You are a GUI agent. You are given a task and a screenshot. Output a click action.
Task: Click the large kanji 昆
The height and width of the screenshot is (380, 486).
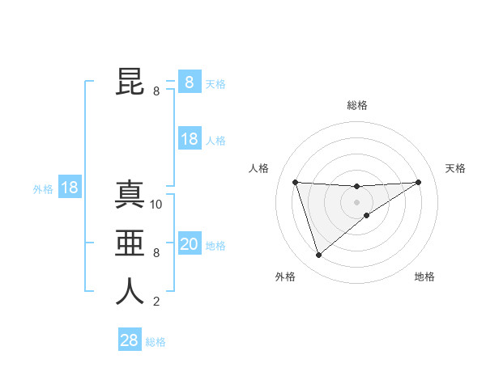130,81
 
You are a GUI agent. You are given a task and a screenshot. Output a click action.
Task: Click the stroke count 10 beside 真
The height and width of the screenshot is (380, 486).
156,205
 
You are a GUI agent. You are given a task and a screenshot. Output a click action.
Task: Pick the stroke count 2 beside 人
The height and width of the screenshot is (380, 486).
156,302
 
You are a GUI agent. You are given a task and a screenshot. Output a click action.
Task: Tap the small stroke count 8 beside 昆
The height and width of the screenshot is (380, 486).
156,91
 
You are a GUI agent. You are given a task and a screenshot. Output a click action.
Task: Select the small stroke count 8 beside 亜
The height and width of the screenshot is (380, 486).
156,253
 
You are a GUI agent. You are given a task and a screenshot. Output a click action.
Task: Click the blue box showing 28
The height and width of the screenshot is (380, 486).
129,340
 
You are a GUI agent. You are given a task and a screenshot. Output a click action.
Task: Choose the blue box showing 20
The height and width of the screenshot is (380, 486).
189,244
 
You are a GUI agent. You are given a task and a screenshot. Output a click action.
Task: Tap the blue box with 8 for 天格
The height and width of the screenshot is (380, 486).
189,82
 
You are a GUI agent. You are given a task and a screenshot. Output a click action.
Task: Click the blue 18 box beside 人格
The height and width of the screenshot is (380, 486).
189,139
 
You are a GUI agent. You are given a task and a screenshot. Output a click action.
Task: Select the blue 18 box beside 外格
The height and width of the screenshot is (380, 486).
70,188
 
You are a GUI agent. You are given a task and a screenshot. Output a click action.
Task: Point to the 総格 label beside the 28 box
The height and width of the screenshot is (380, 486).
156,342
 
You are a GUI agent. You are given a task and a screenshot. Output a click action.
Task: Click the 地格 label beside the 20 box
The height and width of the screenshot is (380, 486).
215,246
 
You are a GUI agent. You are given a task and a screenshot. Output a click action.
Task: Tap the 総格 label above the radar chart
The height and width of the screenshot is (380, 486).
356,105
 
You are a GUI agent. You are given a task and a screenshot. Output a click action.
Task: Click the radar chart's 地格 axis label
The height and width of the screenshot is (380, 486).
424,277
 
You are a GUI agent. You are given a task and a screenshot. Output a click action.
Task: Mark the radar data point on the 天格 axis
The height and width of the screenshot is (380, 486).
418,182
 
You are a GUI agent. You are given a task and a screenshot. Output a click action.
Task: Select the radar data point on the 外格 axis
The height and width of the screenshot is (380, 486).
318,255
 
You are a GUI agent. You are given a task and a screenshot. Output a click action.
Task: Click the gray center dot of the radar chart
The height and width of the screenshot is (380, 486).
356,202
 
